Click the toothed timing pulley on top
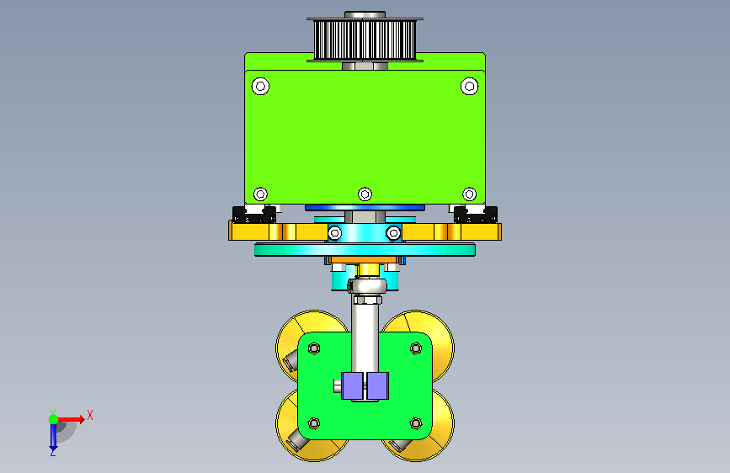(x=365, y=40)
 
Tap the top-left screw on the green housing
(x=260, y=86)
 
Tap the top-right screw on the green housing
(x=469, y=86)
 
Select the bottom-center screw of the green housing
(x=365, y=194)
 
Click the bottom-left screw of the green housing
(x=260, y=194)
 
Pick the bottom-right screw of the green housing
(x=469, y=194)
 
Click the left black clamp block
(x=254, y=215)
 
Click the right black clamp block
(x=476, y=215)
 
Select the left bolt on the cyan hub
(x=335, y=233)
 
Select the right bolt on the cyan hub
(x=393, y=233)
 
